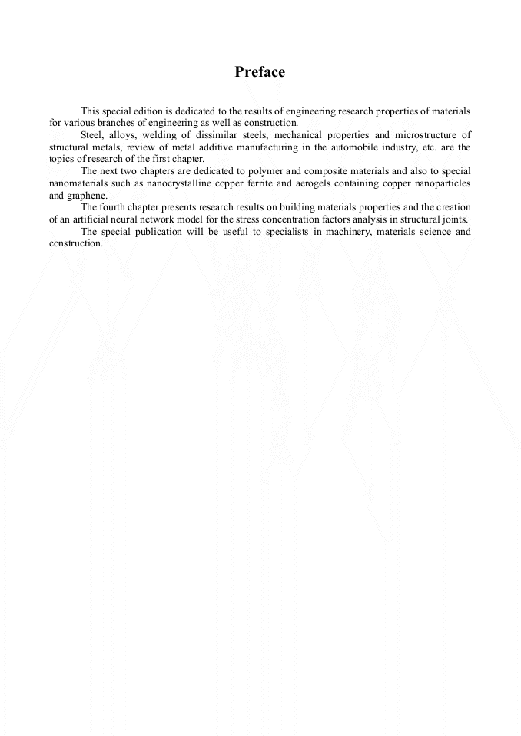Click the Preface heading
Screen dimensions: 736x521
pos(260,72)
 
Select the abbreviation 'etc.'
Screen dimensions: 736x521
pos(424,147)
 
